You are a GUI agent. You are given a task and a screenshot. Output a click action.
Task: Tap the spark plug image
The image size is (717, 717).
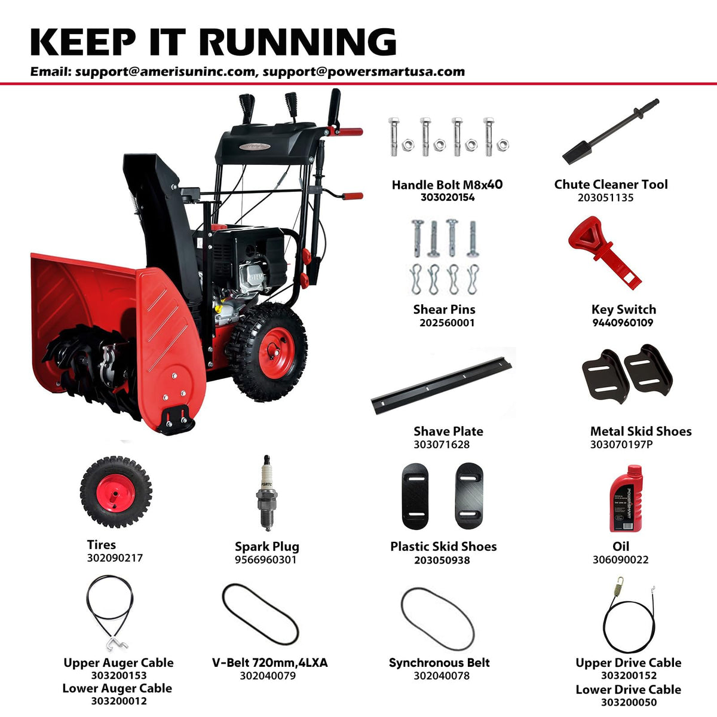point(266,493)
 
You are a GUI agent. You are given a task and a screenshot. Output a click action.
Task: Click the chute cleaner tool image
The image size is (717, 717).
point(610,131)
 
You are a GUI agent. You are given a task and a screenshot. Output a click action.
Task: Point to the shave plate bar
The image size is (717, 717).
point(442,385)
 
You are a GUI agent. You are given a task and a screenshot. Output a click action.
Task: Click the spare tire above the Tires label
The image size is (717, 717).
point(116,492)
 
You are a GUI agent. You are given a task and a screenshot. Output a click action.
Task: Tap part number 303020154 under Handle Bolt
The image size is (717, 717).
point(448,197)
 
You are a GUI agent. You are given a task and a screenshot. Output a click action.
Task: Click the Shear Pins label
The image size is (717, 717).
point(445,309)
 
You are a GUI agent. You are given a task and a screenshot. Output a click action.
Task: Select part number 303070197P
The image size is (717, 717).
point(621,445)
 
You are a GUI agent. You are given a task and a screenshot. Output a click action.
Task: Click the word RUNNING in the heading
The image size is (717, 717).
point(298,42)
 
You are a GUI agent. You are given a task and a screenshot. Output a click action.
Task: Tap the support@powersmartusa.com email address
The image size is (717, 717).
point(364,72)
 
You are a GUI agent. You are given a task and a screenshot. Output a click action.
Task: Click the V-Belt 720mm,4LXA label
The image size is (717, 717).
point(269,663)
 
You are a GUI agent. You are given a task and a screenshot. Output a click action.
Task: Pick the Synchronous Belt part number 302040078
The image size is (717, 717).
point(442,676)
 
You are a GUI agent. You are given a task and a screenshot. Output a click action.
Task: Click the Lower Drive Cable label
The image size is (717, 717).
point(629,690)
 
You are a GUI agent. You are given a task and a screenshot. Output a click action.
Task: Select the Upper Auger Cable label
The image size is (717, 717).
point(118,663)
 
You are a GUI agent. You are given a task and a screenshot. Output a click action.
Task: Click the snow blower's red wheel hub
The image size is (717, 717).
point(277,353)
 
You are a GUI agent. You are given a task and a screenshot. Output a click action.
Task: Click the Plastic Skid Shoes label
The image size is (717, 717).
point(443,546)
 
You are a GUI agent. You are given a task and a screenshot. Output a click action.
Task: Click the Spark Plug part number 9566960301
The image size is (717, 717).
point(266,560)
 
